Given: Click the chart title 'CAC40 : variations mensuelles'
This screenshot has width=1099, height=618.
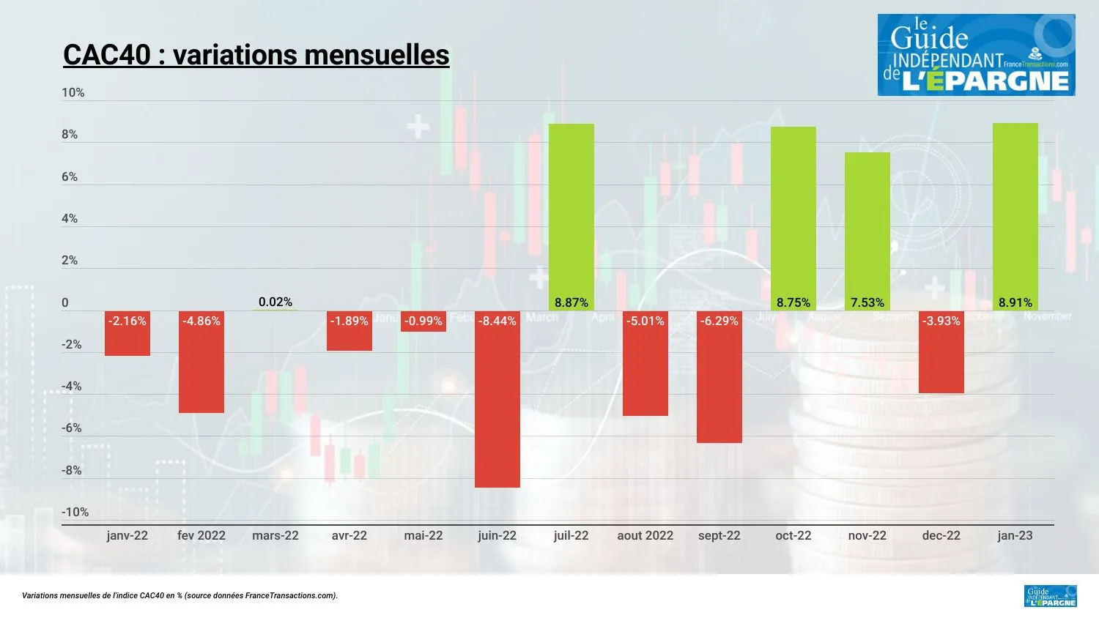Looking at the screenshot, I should click(x=256, y=55).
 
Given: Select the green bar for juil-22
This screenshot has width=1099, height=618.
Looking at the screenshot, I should click(x=571, y=212).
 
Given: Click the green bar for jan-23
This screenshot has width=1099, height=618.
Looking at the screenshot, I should click(x=1015, y=212).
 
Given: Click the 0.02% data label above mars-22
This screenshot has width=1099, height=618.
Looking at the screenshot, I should click(x=275, y=302).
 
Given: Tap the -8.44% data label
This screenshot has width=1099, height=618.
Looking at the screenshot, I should click(x=497, y=321).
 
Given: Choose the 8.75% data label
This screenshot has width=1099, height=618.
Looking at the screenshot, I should click(x=793, y=302).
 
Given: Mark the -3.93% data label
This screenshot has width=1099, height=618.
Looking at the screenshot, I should click(x=941, y=321).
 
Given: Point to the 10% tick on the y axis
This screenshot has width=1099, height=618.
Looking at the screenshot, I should click(x=73, y=92).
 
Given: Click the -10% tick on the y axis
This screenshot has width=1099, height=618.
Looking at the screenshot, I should click(x=75, y=512).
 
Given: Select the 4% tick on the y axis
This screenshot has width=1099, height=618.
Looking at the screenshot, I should click(x=70, y=218).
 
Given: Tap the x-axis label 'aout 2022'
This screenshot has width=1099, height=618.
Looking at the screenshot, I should click(x=645, y=535).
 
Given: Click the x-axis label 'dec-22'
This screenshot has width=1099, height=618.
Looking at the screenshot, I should click(x=941, y=535).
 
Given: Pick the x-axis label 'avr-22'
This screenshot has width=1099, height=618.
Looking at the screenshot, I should click(x=349, y=535).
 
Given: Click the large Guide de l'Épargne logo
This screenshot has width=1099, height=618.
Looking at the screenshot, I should click(x=976, y=55).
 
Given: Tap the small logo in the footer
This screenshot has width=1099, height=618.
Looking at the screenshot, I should click(x=1050, y=596).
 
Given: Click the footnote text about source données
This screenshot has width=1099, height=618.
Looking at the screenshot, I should click(x=180, y=595).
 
